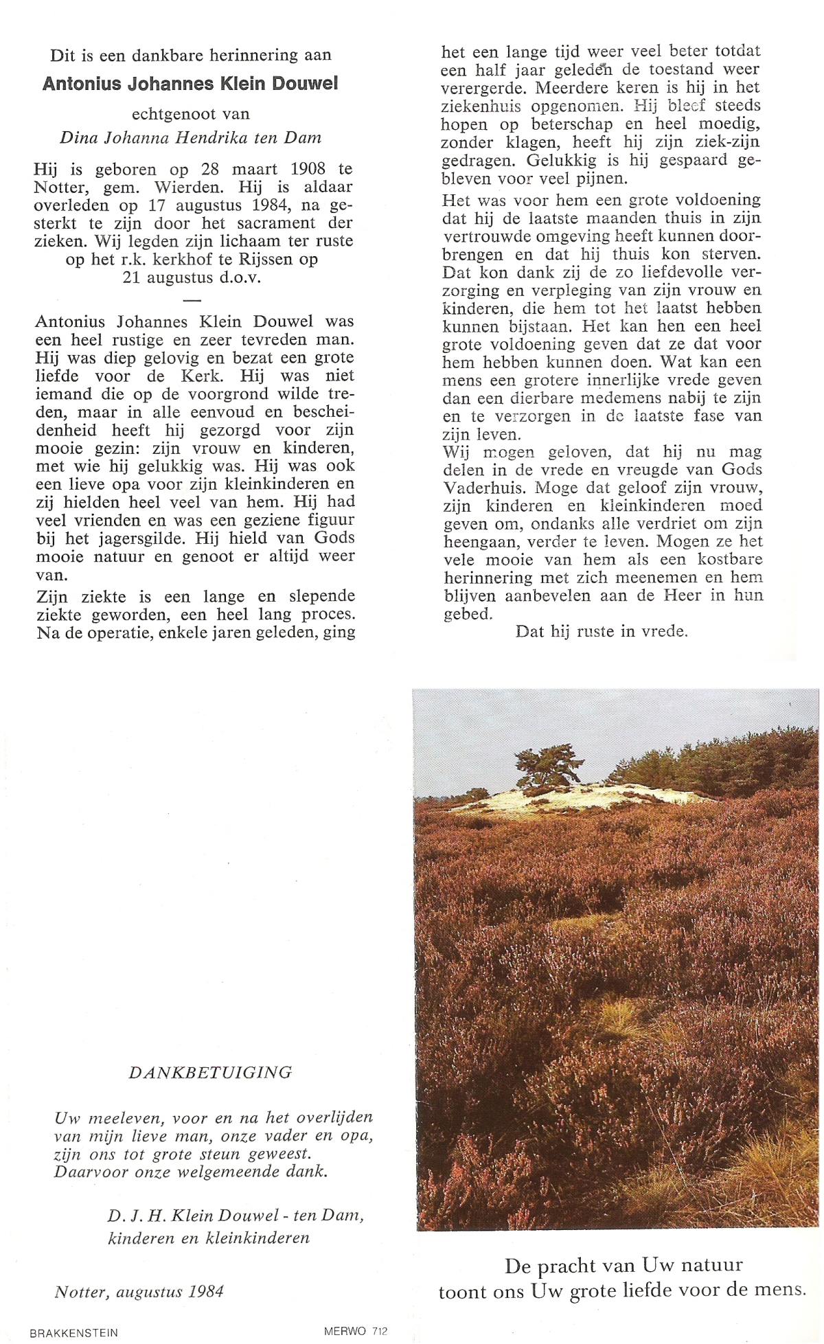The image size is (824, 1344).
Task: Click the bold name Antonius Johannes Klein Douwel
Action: point(190,84)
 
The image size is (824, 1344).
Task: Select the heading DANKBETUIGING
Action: point(210,1073)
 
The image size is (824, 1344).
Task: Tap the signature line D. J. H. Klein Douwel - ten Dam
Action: point(235,1215)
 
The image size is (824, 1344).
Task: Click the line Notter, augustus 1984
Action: point(139,1292)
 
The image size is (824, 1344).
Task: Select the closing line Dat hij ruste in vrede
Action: point(602,632)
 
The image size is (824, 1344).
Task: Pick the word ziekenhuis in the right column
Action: point(481,106)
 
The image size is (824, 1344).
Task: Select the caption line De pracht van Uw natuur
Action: point(623,1265)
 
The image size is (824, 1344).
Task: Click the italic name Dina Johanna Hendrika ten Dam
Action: point(190,137)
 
